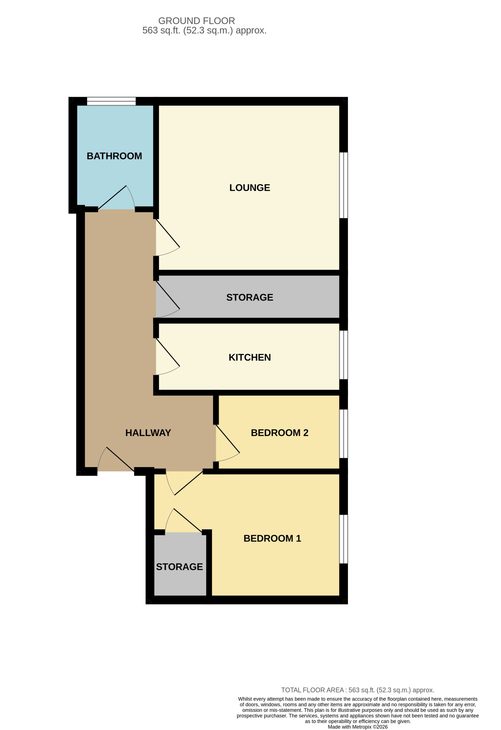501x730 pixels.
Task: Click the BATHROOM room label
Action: click(x=114, y=156)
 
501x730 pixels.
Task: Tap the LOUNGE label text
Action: click(x=250, y=188)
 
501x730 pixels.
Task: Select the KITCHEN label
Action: click(x=250, y=357)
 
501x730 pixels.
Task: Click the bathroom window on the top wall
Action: click(x=111, y=101)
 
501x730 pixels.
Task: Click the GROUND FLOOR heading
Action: click(x=197, y=21)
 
